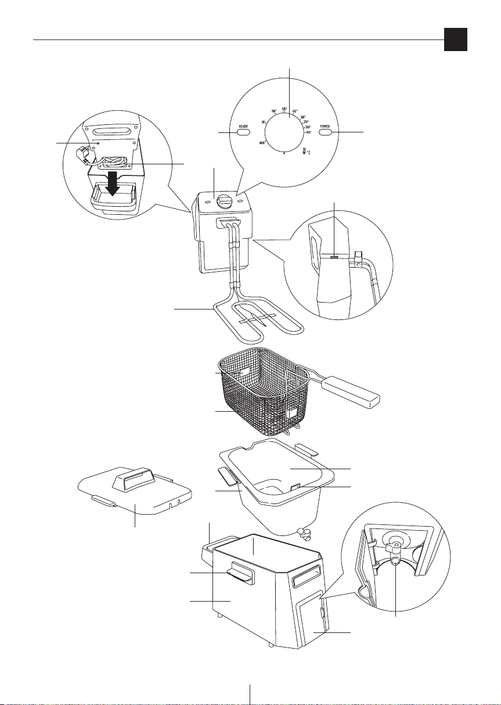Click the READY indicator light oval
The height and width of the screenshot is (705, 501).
243,132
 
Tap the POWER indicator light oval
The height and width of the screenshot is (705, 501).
325,132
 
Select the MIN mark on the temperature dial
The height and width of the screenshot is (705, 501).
262,142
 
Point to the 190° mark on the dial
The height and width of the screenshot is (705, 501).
308,132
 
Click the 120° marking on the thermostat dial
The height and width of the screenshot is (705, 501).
284,109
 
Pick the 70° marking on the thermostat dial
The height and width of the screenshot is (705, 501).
264,122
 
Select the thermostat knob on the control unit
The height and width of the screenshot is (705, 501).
224,202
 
